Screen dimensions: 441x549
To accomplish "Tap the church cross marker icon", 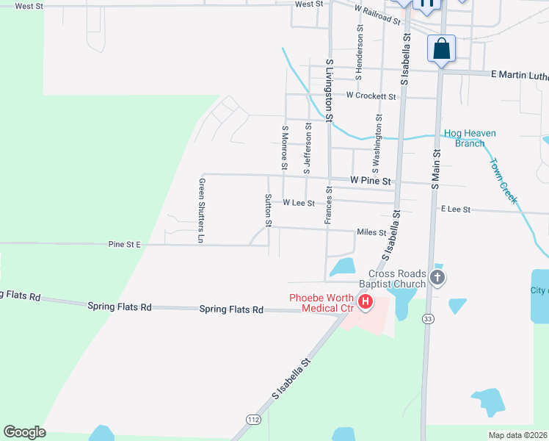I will click(x=437, y=278).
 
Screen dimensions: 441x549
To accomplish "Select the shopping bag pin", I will click(x=441, y=49).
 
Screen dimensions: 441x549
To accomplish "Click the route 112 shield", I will click(x=254, y=419).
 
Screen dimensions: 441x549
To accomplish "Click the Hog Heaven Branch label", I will click(x=470, y=138).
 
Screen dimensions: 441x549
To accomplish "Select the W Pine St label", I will click(x=372, y=180).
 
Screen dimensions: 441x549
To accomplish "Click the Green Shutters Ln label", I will click(x=200, y=210).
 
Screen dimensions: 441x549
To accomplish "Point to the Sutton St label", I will click(x=269, y=210).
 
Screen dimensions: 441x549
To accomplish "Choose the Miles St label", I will click(x=371, y=232).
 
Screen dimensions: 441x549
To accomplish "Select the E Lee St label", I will click(x=455, y=209).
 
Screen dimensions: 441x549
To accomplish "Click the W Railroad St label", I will click(x=377, y=15).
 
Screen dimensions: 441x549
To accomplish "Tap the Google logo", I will click(x=24, y=432).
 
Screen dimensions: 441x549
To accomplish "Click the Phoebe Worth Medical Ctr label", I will click(x=322, y=303).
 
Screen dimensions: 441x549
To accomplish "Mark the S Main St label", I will click(x=435, y=168).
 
